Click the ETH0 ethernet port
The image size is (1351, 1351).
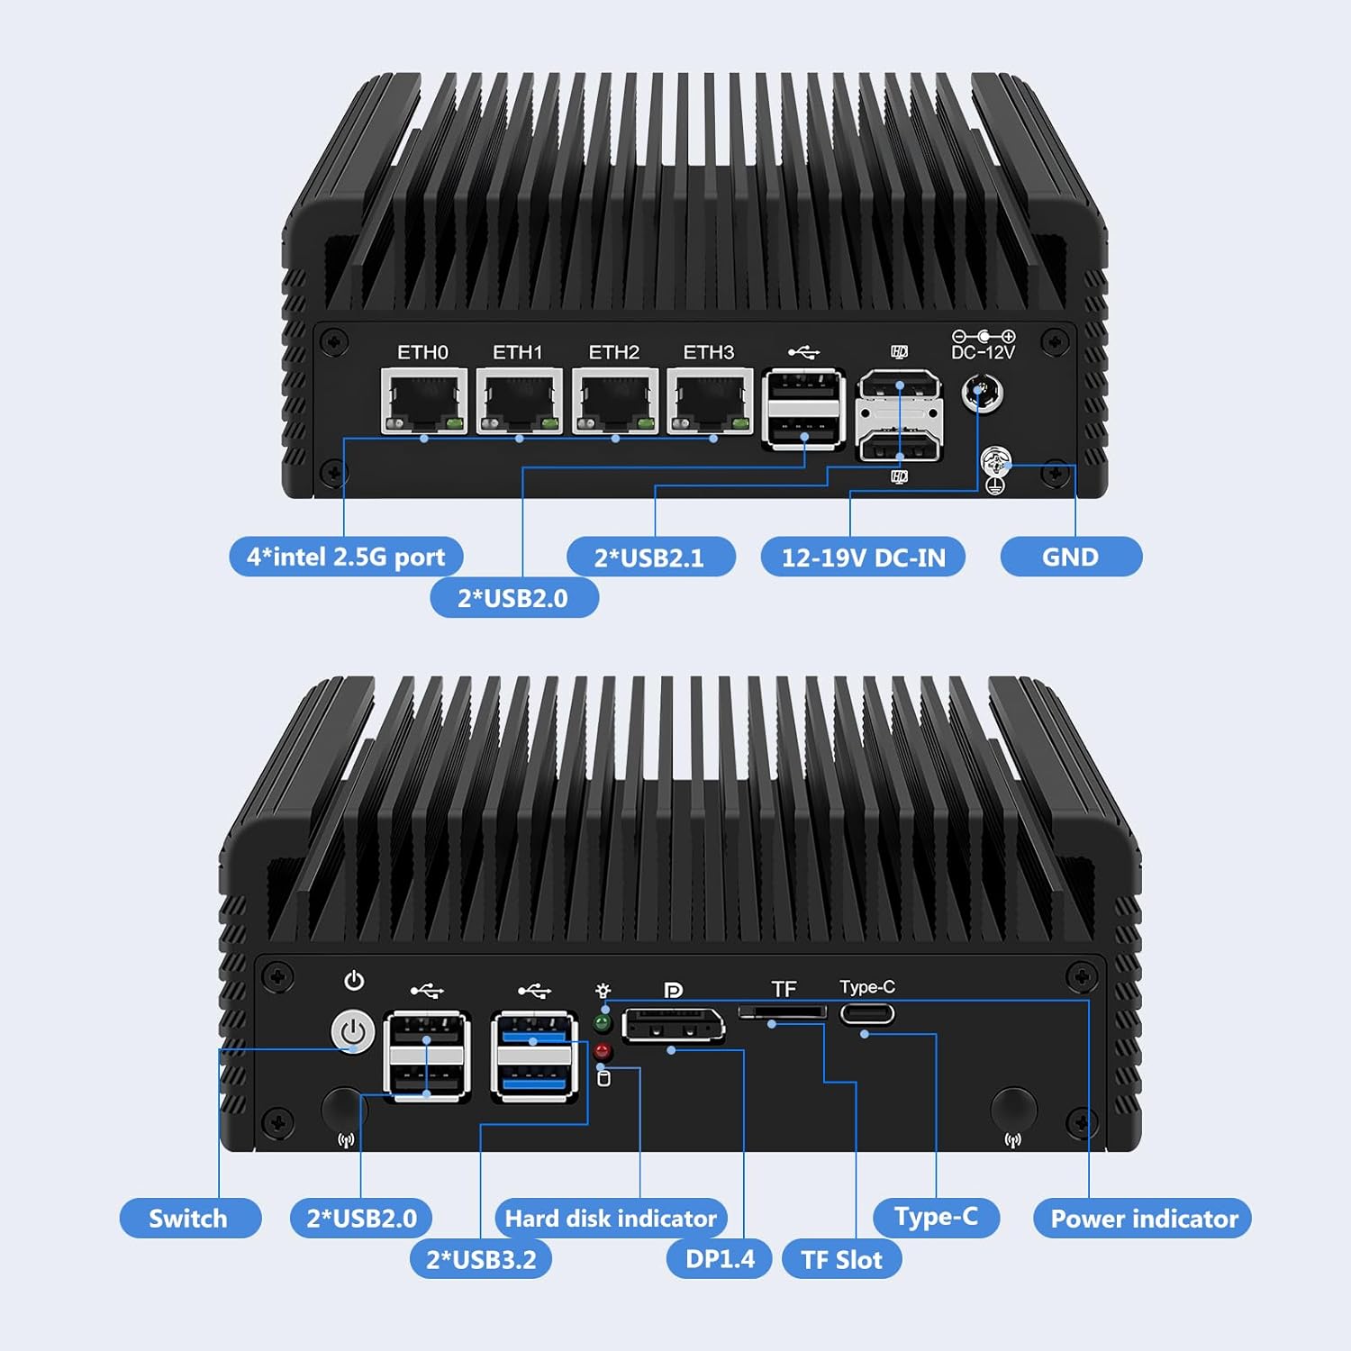[x=423, y=402]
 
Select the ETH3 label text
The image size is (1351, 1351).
[x=709, y=352]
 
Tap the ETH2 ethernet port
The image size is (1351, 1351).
[x=614, y=402]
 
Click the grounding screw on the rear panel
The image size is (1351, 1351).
[x=995, y=463]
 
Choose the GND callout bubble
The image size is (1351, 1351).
[x=1071, y=557]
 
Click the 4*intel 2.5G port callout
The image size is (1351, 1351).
[x=346, y=557]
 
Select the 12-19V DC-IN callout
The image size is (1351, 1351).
[x=863, y=558]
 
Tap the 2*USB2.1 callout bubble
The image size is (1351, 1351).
[x=650, y=558]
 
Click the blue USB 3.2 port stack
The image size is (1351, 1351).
[x=534, y=1056]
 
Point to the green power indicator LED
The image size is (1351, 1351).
[x=603, y=1023]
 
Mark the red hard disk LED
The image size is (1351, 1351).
[x=603, y=1050]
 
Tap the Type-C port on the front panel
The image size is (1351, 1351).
[x=867, y=1014]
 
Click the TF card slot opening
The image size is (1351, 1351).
[x=783, y=1012]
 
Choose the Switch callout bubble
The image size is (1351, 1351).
[x=189, y=1219]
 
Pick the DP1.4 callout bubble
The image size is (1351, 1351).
[x=720, y=1258]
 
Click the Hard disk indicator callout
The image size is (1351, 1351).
[x=611, y=1219]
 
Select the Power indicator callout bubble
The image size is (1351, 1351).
[x=1143, y=1219]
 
